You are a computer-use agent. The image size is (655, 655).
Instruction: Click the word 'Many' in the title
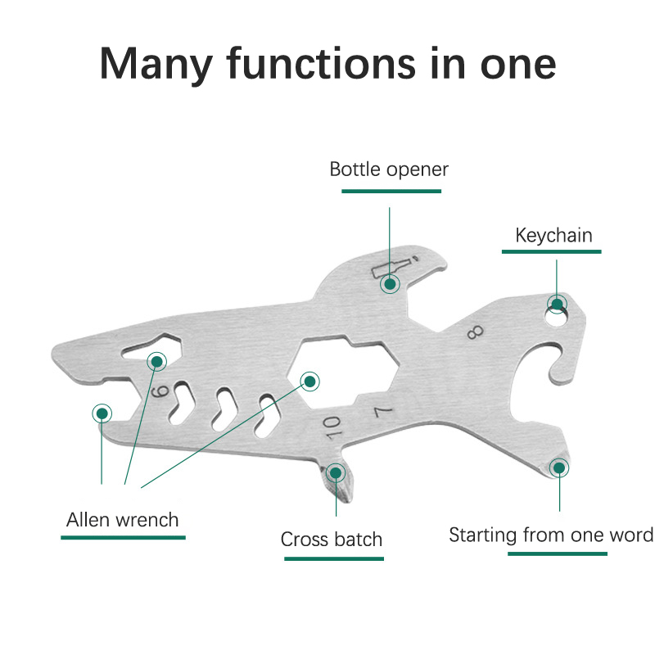click(156, 64)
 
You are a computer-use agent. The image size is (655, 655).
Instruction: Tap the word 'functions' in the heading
click(321, 63)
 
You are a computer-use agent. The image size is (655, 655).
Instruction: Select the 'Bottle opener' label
click(388, 169)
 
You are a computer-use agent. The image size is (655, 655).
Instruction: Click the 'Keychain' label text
click(553, 235)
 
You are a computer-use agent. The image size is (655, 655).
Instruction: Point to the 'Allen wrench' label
click(122, 520)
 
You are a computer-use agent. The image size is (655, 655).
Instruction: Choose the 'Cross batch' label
click(332, 539)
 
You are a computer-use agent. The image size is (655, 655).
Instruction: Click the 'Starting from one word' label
click(551, 535)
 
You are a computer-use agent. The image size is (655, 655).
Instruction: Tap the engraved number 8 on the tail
click(476, 332)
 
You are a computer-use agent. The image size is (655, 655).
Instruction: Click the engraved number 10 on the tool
click(332, 427)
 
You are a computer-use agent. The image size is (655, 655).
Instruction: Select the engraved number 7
click(383, 412)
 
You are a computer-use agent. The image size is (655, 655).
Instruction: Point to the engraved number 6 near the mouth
click(160, 391)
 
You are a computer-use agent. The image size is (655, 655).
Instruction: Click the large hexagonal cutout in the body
click(343, 372)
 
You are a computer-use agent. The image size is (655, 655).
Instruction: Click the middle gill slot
click(224, 409)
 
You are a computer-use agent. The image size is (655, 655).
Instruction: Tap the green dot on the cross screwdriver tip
click(336, 473)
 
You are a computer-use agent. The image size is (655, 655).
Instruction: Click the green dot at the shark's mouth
click(102, 413)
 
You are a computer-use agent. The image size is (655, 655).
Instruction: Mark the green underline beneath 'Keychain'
click(551, 251)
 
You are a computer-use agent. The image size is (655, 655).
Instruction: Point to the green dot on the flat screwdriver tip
click(559, 468)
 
